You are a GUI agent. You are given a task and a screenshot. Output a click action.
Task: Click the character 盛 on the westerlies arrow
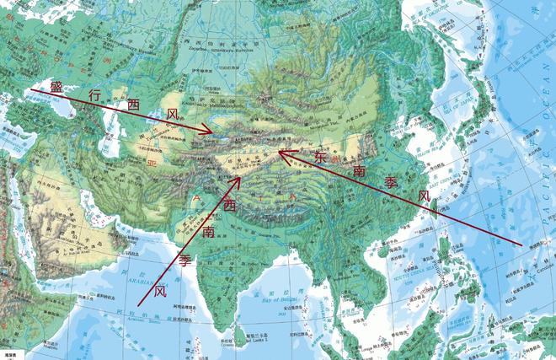tap(56, 88)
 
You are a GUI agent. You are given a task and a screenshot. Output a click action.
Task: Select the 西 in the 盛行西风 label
tap(133, 105)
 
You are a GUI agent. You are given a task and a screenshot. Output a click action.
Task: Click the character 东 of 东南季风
tap(320, 158)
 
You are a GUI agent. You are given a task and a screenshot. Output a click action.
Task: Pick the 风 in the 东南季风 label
tap(425, 196)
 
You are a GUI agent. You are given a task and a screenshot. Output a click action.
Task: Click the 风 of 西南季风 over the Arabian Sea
tap(160, 290)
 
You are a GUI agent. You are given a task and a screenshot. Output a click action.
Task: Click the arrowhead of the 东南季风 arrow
tap(281, 153)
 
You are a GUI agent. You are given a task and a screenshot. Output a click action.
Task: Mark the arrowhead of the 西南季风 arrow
tap(240, 179)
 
